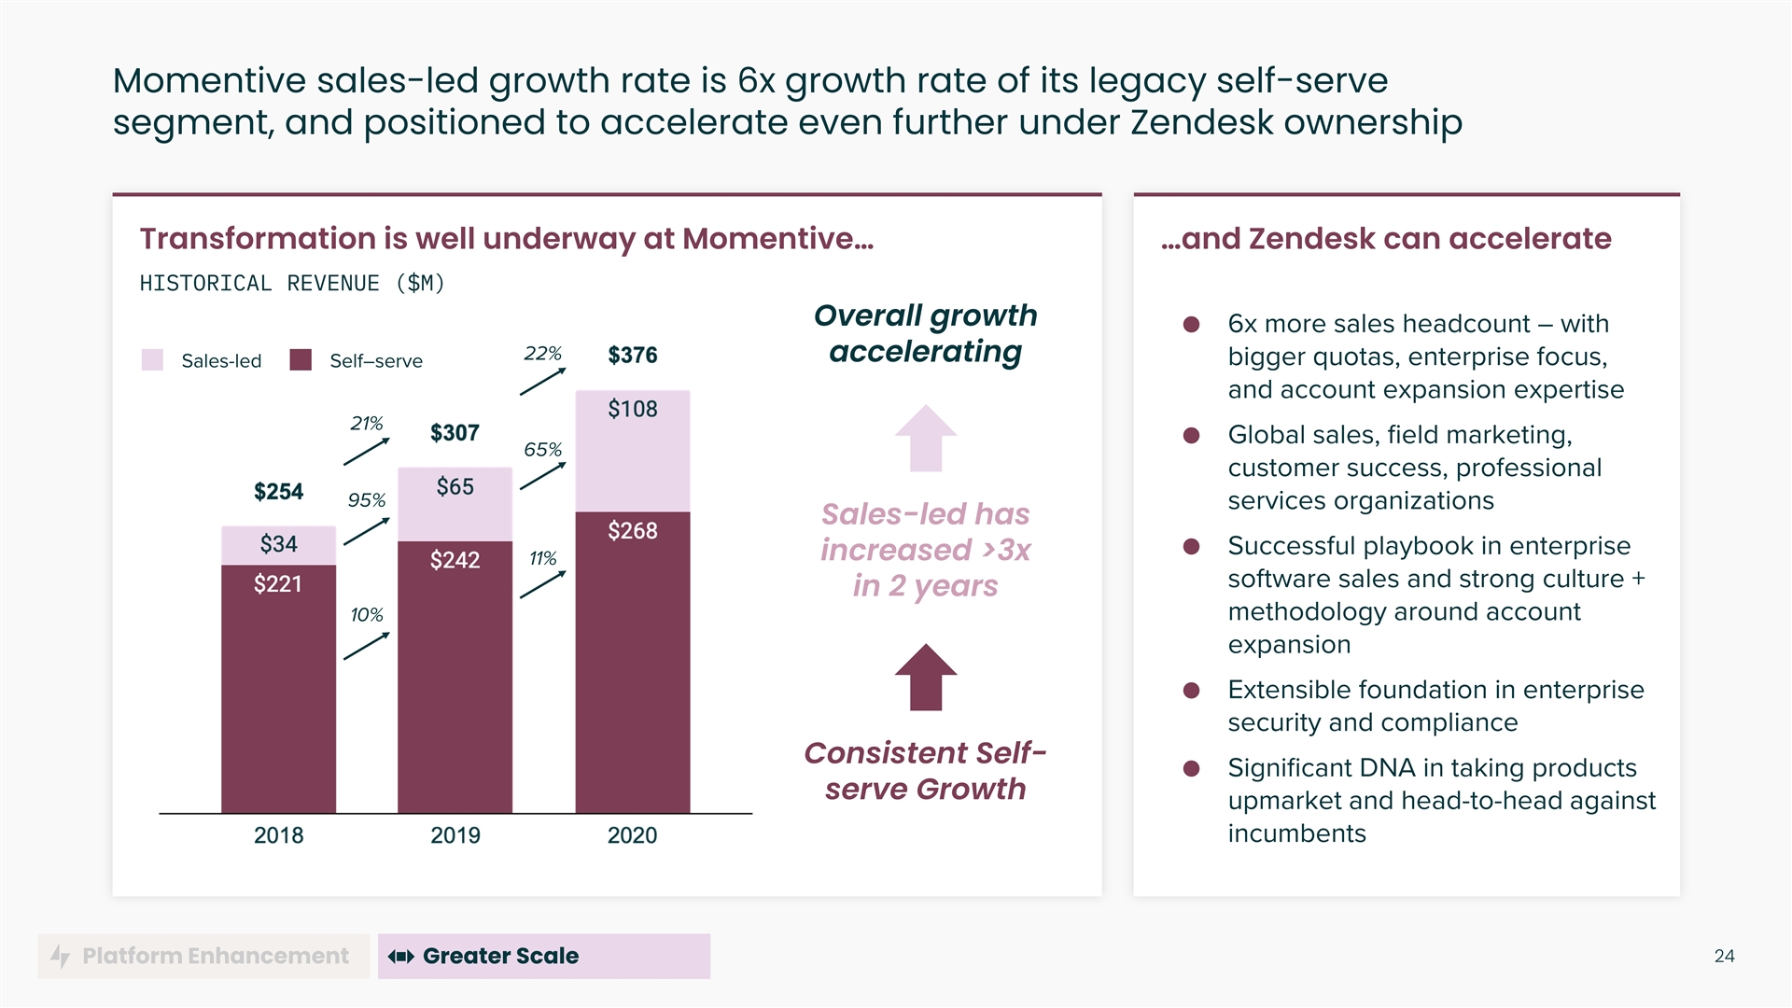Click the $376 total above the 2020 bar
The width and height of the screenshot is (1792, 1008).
pos(632,356)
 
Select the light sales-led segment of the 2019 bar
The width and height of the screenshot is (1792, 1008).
pos(455,505)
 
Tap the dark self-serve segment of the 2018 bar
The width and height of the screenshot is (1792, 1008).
pos(278,691)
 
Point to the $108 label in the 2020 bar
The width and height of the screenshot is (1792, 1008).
pos(632,409)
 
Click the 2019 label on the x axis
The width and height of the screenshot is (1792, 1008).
pos(455,835)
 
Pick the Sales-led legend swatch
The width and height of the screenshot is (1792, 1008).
pos(152,360)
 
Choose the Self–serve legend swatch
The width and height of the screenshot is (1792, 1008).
pos(301,360)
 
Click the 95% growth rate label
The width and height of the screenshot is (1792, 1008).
pos(366,500)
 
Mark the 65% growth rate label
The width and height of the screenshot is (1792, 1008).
pos(542,450)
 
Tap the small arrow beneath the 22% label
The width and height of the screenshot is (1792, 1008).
pos(542,382)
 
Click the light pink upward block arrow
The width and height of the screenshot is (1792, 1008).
pos(925,438)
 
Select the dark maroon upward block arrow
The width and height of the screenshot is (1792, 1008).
pos(925,677)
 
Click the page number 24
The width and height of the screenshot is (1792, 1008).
pos(1724,956)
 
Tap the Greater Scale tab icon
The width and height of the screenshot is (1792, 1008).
pos(401,956)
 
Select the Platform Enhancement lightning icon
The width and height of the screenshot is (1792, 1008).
pos(61,956)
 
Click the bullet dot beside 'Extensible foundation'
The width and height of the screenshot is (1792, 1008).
pos(1191,691)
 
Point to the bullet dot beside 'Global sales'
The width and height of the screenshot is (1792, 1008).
pos(1191,436)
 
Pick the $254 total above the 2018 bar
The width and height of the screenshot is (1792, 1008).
pos(278,492)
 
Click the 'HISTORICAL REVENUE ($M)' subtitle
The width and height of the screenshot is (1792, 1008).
pos(292,283)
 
